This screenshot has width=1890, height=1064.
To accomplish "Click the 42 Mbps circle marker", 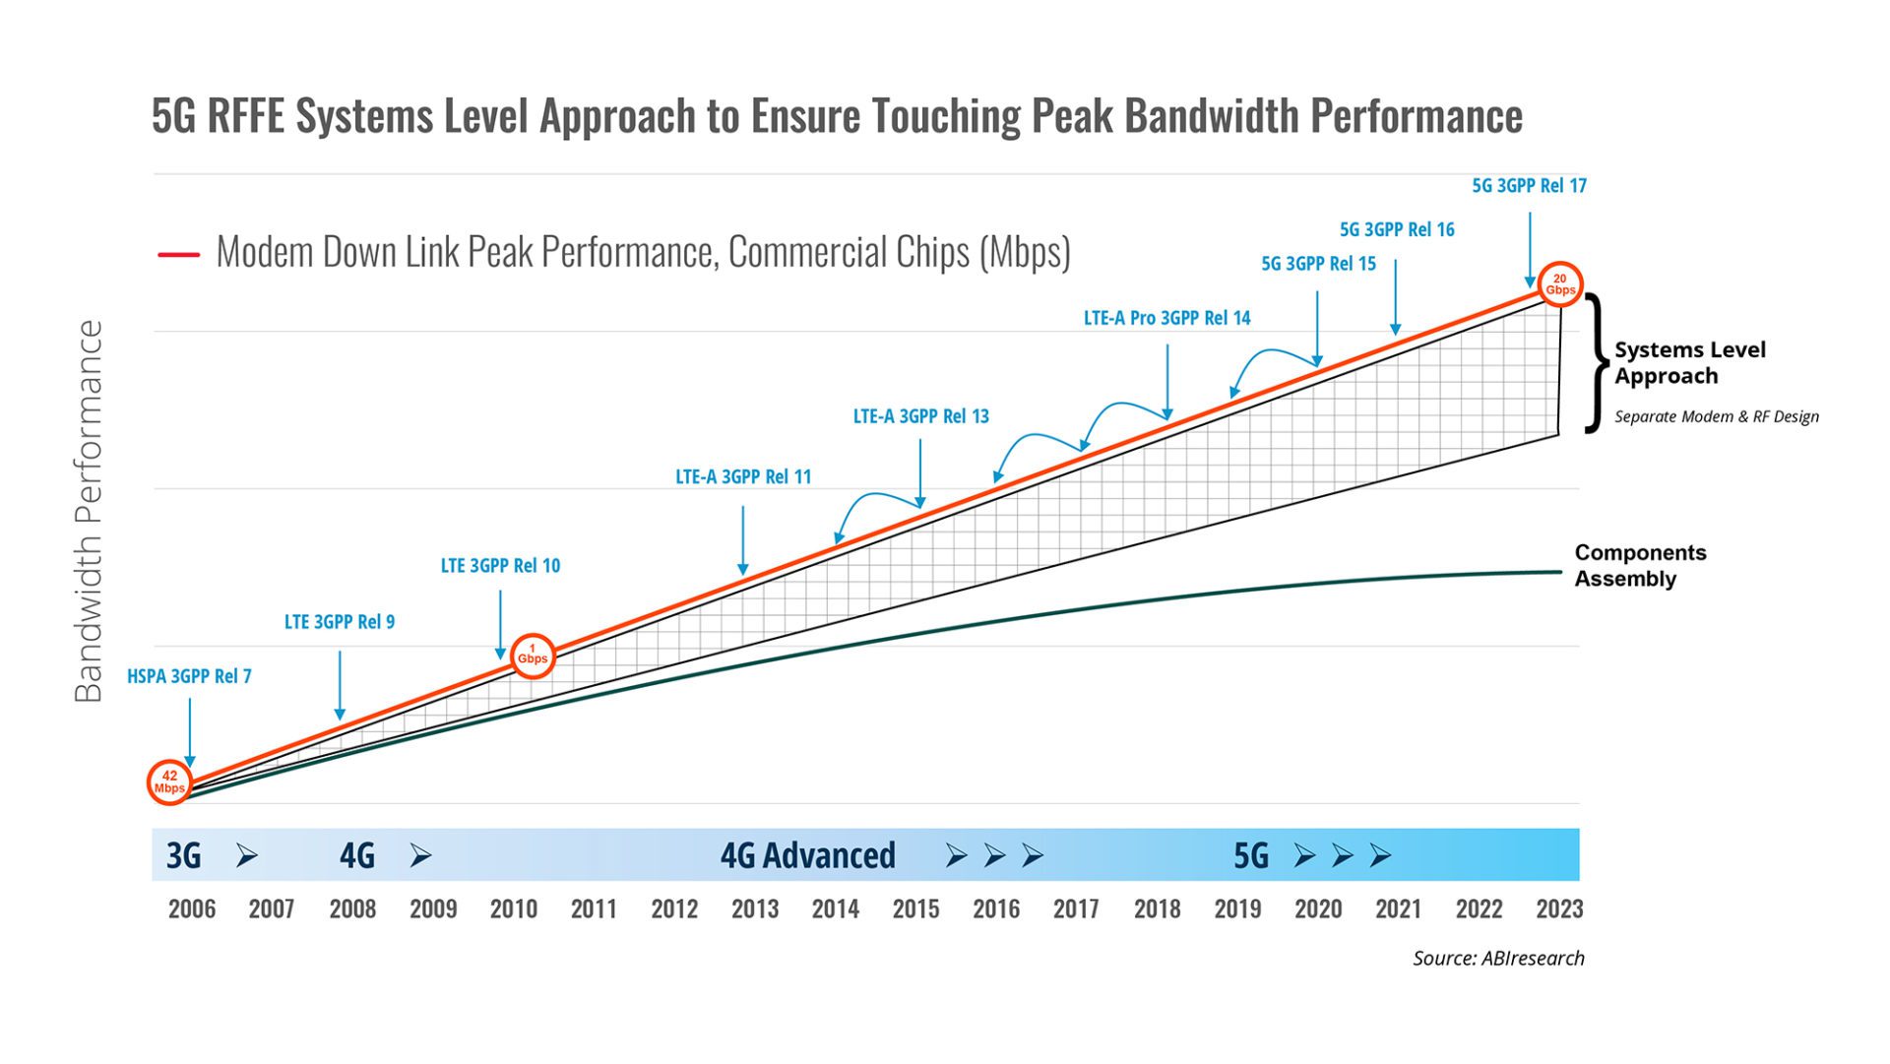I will pos(169,782).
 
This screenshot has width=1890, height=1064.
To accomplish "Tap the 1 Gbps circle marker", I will pos(533,656).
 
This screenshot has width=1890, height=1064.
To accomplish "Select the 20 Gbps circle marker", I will pos(1560,284).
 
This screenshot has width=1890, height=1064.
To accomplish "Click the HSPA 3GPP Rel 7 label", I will pos(189,676).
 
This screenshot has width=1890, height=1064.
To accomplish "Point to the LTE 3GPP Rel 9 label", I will pos(340,622).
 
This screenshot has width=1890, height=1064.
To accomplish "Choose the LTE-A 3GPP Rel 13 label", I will pos(920,416).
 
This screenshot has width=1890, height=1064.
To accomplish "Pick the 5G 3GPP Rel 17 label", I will pos(1529,186).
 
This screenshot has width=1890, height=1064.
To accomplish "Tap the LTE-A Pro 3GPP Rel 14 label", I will pos(1166,318).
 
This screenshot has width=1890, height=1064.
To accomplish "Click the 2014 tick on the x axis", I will pos(835,908).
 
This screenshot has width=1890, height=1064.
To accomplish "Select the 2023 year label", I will pos(1559,908).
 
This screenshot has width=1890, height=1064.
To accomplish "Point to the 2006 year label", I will pos(192,908).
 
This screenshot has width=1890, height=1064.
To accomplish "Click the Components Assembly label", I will pos(1640,566).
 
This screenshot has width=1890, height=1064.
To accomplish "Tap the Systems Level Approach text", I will pos(1689,363).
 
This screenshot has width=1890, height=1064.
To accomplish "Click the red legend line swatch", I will pos(178,255).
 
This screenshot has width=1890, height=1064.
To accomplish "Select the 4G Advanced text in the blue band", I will pos(807,855).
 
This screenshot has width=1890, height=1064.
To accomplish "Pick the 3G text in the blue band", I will pos(184,855).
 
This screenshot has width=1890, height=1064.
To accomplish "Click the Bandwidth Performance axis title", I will pos(89,511).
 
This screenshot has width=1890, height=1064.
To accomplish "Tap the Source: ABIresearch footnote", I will pos(1498,959).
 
